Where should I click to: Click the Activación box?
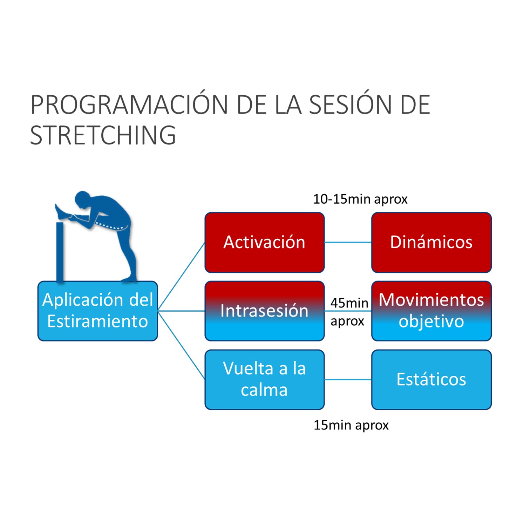265,243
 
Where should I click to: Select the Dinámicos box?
432,243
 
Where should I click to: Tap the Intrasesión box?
265,311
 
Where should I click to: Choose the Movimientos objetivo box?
432,311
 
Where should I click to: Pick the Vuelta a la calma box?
265,380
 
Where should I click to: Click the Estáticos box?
432,380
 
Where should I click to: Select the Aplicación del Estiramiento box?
98,311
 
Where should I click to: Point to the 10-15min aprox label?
360,199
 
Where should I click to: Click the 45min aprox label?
349,312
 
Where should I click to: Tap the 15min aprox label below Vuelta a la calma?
351,425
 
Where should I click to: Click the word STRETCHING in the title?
103,135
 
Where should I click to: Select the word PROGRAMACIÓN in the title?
129,105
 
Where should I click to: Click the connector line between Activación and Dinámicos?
348,242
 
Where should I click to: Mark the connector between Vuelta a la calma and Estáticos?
348,380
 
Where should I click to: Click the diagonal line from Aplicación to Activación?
182,276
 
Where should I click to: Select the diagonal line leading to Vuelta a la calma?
182,345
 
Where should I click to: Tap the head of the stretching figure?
83,199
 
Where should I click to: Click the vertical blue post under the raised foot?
60,252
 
